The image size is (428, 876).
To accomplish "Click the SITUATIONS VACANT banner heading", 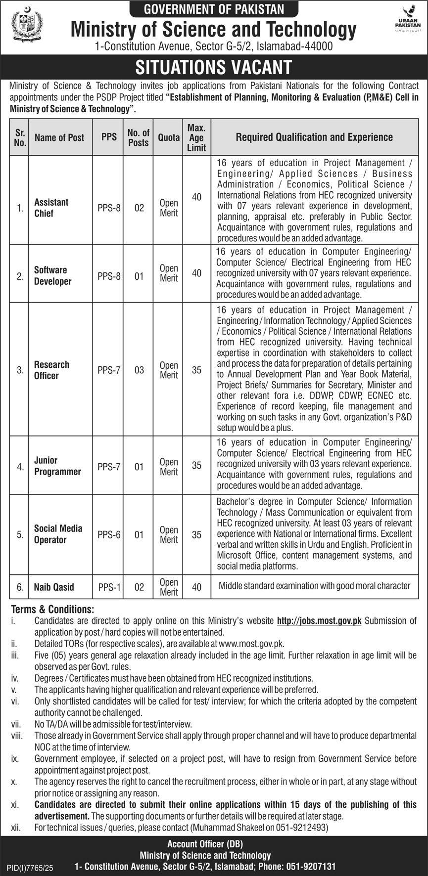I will click(214, 67).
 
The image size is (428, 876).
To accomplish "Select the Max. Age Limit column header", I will click(196, 137).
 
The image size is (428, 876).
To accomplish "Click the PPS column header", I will click(109, 137).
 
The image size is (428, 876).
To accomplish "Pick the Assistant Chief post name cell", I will click(51, 208).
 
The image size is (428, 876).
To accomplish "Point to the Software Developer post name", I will click(52, 276).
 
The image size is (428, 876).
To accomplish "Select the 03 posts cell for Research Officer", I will click(139, 370).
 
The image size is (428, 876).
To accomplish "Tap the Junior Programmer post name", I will click(57, 466).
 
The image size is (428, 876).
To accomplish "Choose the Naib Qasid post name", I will click(54, 587).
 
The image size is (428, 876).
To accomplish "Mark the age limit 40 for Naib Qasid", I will click(196, 587).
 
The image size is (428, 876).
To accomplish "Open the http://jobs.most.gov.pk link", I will click(319, 621).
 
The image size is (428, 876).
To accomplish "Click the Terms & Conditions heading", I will click(52, 610).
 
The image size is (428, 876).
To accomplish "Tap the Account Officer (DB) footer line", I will click(205, 844).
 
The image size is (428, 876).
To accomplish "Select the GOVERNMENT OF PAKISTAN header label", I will click(214, 8).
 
